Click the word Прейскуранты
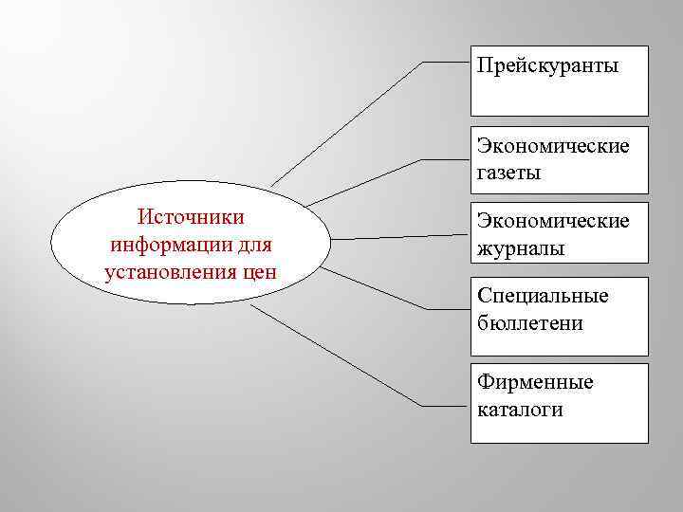tap(547, 65)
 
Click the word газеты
tap(509, 174)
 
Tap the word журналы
tap(521, 249)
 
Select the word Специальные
tap(544, 296)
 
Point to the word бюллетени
tap(530, 323)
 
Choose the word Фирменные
tap(535, 382)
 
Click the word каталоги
tap(521, 410)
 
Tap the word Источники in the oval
tap(191, 217)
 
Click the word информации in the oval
tap(167, 245)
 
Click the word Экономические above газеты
tap(553, 146)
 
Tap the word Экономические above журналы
tap(553, 222)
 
